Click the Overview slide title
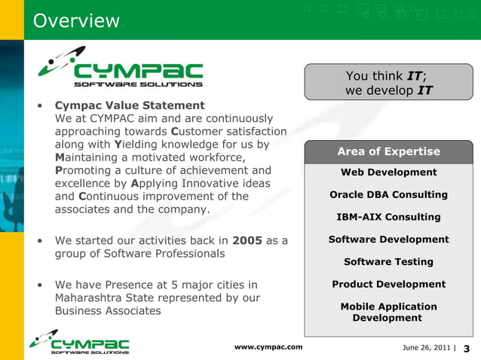click(x=76, y=20)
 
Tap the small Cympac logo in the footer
click(x=79, y=343)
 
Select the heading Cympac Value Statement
click(x=130, y=105)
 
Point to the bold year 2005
click(x=247, y=241)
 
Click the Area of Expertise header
click(x=388, y=151)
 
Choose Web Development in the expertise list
click(x=388, y=172)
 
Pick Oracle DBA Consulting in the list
click(x=388, y=194)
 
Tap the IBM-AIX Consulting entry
click(x=388, y=217)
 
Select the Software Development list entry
click(x=388, y=239)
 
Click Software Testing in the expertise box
click(x=388, y=262)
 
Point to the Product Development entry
click(x=388, y=284)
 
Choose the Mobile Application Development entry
click(x=388, y=312)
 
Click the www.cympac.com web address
click(x=268, y=346)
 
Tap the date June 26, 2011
click(x=426, y=347)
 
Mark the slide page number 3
click(x=466, y=348)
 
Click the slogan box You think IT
click(x=388, y=83)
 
